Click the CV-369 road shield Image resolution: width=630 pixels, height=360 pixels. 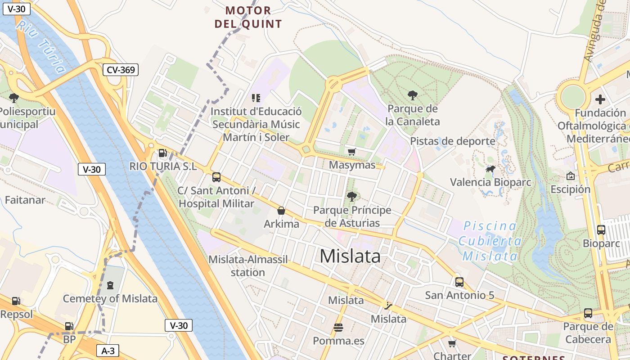(x=120, y=70)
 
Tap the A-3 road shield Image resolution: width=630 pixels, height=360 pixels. (x=108, y=351)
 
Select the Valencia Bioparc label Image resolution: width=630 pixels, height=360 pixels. (x=490, y=182)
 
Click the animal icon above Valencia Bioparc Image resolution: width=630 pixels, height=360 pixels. (x=490, y=170)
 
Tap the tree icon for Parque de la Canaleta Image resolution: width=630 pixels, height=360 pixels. (x=412, y=95)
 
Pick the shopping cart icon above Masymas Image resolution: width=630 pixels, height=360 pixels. (x=351, y=152)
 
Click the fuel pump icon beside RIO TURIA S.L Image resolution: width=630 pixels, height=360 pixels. (x=162, y=153)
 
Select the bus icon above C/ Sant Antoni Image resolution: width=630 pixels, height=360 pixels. (x=216, y=177)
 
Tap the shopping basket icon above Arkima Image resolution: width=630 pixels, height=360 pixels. (x=281, y=211)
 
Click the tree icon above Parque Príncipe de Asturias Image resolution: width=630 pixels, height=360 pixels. (x=352, y=197)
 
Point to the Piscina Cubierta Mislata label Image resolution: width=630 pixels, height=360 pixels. (x=490, y=241)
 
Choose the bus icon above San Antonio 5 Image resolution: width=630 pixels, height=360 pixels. (x=459, y=282)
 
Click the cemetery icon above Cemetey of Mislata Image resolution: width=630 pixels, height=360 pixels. (x=110, y=285)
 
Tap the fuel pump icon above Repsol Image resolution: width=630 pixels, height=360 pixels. (x=16, y=301)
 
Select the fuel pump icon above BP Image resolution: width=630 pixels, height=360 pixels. (x=69, y=326)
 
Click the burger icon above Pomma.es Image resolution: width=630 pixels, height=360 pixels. (x=338, y=328)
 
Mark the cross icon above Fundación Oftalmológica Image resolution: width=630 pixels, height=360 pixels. (x=600, y=99)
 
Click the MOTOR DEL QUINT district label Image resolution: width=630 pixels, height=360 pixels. (x=248, y=17)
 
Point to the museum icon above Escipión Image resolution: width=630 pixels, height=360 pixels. (x=571, y=176)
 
